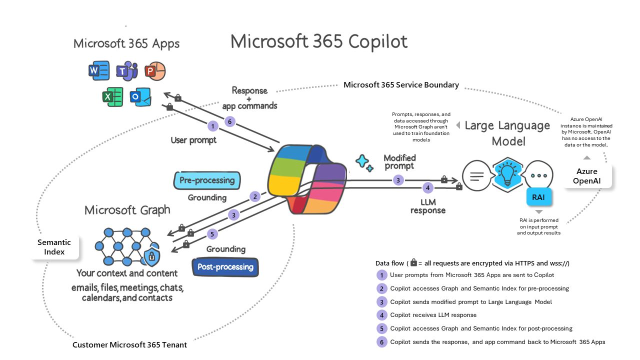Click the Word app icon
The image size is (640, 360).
(98, 71)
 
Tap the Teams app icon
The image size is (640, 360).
(126, 72)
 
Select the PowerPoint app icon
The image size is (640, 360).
(154, 71)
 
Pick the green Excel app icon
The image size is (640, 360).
(112, 96)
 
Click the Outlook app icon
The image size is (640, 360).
(140, 96)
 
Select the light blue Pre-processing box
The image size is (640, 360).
(207, 180)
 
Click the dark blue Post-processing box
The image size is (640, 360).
(225, 267)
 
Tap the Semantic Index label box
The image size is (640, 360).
(54, 247)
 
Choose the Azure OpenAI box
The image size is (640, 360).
(587, 176)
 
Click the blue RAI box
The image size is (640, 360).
(538, 197)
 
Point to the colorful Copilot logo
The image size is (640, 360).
(307, 179)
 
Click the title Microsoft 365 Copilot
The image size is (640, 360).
(319, 42)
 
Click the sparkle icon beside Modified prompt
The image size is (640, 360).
(364, 162)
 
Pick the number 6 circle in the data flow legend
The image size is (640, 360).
(382, 342)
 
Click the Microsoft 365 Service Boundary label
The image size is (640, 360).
(401, 85)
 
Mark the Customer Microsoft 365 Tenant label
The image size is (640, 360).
(129, 345)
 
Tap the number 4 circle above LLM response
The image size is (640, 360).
(427, 188)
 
